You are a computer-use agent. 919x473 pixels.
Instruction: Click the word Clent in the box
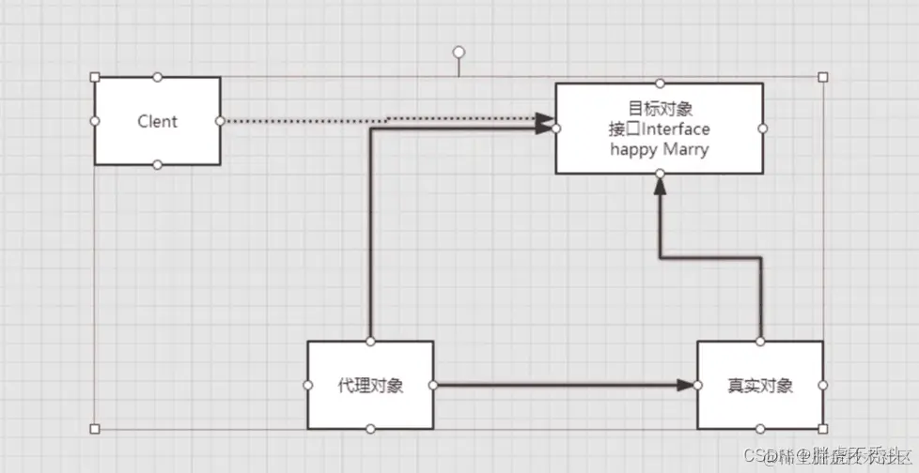pos(157,121)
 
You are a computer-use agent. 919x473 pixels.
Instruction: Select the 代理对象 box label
pos(370,386)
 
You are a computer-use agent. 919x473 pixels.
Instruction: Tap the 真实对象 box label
pos(759,386)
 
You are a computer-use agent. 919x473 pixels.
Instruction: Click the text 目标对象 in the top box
pos(659,109)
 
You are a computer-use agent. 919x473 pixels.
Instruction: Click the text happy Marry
pos(659,149)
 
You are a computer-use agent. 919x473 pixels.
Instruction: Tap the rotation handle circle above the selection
pos(459,52)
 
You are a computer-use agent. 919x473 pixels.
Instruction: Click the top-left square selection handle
pos(95,77)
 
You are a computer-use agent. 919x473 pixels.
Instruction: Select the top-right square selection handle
pos(823,77)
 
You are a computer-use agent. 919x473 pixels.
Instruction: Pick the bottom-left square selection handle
pos(95,429)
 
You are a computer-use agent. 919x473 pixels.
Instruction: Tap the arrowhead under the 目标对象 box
pos(660,186)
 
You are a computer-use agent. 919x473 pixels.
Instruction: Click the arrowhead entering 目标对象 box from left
pos(545,121)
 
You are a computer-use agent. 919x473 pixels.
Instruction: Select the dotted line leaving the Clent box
pos(301,121)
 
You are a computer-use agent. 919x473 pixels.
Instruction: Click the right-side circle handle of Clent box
pos(220,121)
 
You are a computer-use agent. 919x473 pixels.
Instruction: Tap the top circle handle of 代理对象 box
pos(371,341)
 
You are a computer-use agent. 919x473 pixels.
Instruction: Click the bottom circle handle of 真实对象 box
pos(759,429)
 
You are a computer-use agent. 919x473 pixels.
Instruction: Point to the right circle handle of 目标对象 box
pos(763,129)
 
